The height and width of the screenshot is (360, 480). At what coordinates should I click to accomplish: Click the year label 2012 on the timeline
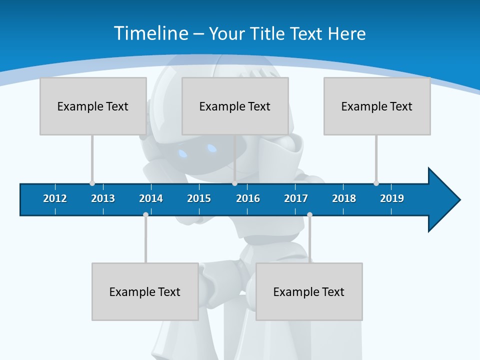pos(55,198)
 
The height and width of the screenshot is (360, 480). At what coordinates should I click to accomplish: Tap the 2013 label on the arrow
pos(103,198)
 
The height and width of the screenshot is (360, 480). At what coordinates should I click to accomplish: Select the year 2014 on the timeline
pos(151,198)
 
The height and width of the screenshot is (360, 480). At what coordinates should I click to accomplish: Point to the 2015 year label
pos(199,198)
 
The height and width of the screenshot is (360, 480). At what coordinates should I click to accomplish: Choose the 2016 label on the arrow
pos(248,198)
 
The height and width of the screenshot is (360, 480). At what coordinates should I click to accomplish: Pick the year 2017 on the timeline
pos(296,198)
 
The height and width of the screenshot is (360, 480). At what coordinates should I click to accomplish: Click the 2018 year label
pos(344,198)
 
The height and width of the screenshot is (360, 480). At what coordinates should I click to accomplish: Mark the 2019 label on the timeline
pos(392,198)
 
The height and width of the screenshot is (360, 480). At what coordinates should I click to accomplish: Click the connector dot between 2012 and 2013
pos(92,183)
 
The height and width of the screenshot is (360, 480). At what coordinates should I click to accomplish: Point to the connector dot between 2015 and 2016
pos(234,183)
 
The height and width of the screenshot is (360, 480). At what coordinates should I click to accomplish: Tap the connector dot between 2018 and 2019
pos(376,183)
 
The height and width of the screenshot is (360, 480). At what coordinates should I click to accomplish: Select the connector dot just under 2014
pos(145,214)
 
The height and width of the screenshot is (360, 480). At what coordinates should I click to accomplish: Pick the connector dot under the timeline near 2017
pos(309,214)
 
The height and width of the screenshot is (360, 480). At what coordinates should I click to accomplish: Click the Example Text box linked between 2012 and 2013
pos(93,106)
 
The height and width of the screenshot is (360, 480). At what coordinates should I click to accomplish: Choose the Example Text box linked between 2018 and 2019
pos(377,106)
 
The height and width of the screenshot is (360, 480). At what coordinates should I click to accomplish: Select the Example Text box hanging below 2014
pos(145,291)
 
